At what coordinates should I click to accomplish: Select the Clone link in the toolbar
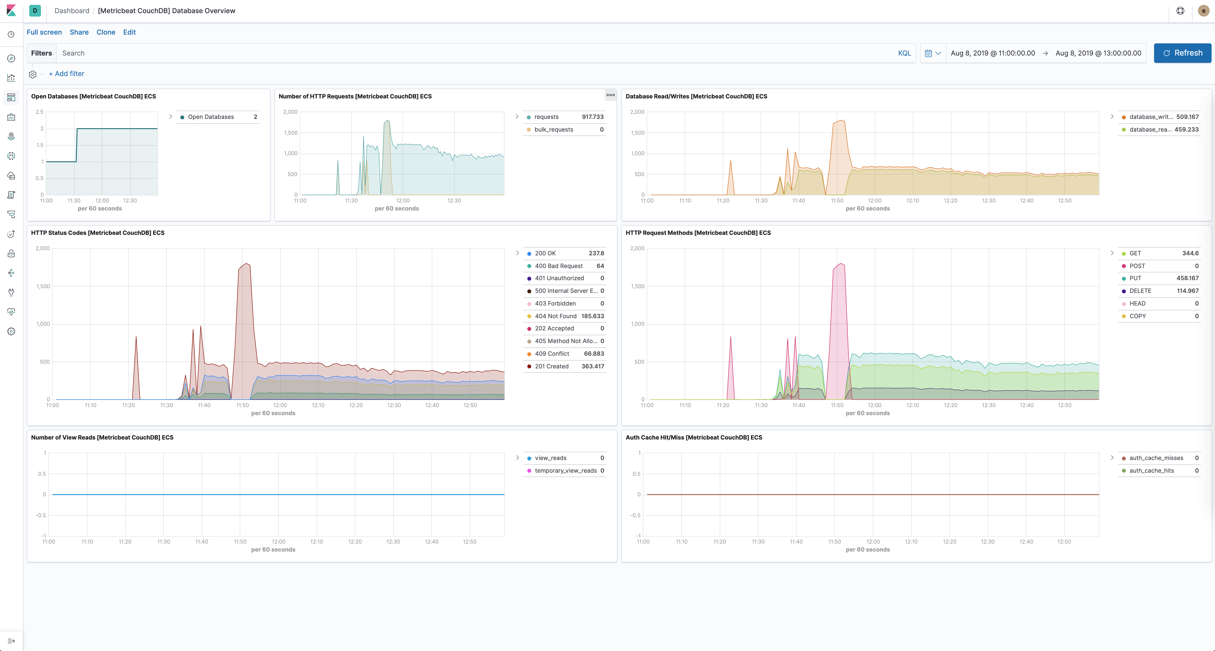click(x=106, y=32)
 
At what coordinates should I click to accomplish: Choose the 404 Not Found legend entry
click(x=555, y=316)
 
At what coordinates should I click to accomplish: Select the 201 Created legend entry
click(x=551, y=366)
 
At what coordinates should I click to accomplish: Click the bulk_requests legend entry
click(x=553, y=130)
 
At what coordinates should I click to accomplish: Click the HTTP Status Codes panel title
click(x=98, y=233)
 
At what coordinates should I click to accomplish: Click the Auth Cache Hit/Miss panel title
click(x=693, y=437)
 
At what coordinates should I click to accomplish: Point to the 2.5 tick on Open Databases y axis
click(x=40, y=112)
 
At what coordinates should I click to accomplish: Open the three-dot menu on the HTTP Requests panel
click(x=610, y=95)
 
